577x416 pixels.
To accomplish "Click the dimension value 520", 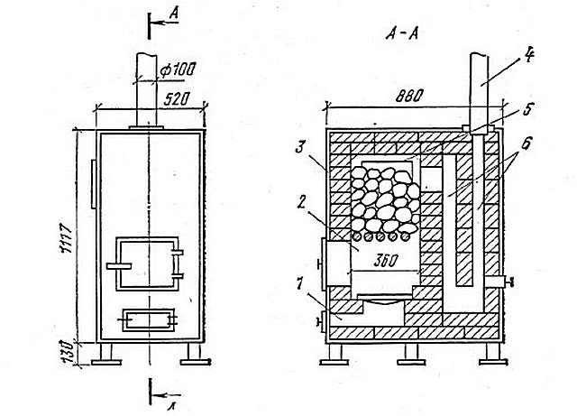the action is (177, 99).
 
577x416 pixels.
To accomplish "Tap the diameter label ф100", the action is (178, 69).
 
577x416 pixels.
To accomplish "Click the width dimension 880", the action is (409, 97).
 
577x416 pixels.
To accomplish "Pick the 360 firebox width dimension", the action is (386, 261).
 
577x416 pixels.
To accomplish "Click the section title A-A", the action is (402, 34).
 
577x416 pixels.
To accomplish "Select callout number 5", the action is (528, 109).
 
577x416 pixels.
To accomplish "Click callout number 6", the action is (526, 143).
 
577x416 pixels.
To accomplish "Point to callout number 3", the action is (300, 149).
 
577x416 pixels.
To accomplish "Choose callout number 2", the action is (301, 202).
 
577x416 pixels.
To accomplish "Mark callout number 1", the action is (299, 283).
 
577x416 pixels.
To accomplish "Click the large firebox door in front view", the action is (148, 263).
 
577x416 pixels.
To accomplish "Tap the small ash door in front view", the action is (148, 319).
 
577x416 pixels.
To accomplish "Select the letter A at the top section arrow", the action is (174, 14).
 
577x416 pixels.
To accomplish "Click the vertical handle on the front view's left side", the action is (94, 184).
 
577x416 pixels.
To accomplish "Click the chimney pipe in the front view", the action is (146, 90).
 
